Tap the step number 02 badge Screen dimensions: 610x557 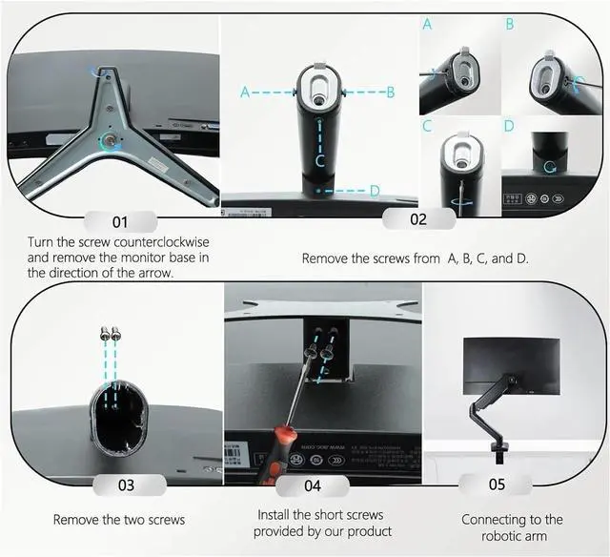coord(417,218)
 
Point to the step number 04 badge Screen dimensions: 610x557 coord(313,485)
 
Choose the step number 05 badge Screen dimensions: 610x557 coord(496,485)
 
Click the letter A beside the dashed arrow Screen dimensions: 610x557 coord(245,93)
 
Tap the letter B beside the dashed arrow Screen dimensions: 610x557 coord(390,93)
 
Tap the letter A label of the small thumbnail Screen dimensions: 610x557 coord(427,24)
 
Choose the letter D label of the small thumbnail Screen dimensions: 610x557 coord(509,126)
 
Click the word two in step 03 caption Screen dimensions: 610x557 coord(141,520)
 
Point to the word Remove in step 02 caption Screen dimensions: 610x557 coord(325,258)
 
